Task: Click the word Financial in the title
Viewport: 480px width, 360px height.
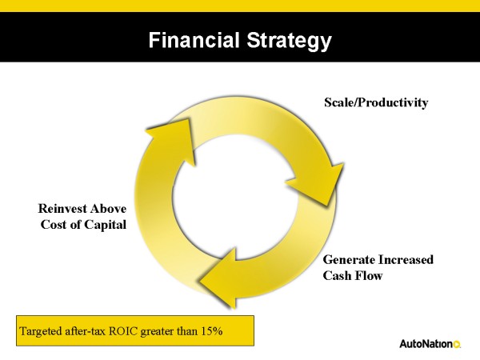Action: [194, 40]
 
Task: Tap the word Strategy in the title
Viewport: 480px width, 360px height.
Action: [290, 42]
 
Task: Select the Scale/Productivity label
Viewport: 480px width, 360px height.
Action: [376, 102]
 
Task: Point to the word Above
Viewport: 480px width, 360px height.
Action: [108, 209]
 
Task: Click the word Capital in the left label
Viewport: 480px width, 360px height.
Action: [105, 225]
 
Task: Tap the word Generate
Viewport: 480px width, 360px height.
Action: [349, 259]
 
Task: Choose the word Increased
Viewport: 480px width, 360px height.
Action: [406, 259]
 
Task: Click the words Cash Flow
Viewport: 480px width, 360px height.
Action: [353, 275]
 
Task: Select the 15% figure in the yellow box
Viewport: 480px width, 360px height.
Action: [212, 331]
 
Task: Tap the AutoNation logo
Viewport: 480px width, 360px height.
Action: [430, 344]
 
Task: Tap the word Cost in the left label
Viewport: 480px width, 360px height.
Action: [53, 225]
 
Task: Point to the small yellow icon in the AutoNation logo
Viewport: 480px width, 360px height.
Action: [457, 345]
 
